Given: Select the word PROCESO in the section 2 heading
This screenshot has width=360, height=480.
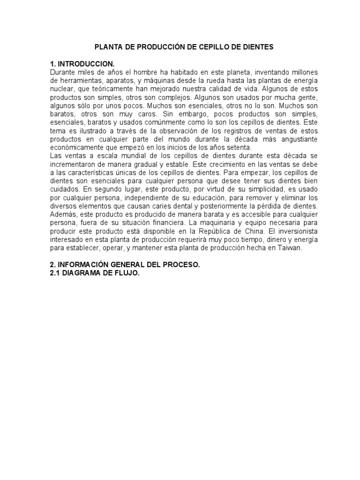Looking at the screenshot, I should click(183, 265).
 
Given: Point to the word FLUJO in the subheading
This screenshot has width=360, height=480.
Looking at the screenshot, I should click(126, 273).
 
